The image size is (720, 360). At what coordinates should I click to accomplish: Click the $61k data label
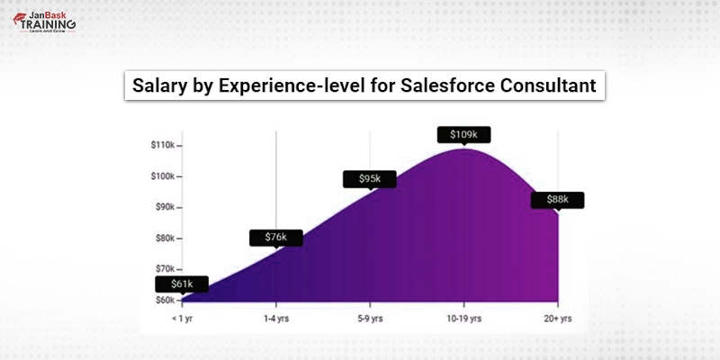coord(182,285)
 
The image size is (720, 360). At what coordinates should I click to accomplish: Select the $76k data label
coord(275,238)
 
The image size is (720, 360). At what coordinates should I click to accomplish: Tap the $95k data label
coord(370,179)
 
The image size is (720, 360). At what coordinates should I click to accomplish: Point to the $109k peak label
coord(463,135)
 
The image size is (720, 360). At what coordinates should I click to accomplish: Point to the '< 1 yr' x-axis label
coord(183,318)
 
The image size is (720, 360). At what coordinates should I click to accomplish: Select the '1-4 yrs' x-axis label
coord(275,318)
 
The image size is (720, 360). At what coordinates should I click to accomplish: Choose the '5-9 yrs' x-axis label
coord(370,318)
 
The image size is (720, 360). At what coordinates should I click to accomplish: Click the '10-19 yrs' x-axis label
coord(463,318)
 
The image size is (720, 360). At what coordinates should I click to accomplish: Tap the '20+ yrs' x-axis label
coord(557,318)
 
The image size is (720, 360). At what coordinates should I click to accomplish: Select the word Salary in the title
coord(157,86)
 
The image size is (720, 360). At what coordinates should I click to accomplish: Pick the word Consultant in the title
coord(550,86)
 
